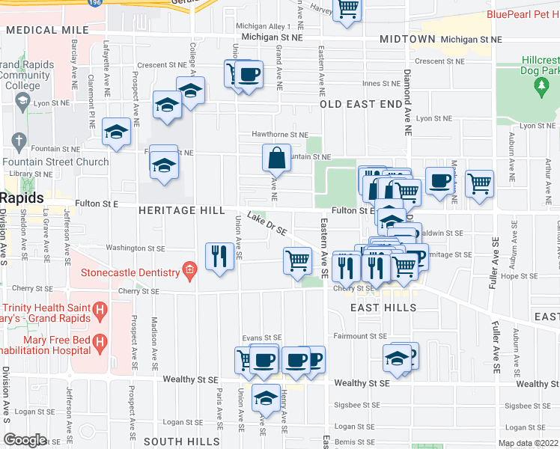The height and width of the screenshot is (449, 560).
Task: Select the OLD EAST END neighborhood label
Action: pyautogui.click(x=361, y=105)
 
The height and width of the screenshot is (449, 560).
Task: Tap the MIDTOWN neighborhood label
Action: pyautogui.click(x=407, y=39)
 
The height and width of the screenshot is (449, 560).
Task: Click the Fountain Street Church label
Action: pyautogui.click(x=55, y=162)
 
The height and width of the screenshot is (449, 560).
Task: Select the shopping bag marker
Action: pyautogui.click(x=276, y=158)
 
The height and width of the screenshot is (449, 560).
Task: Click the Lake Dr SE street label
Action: pyautogui.click(x=267, y=222)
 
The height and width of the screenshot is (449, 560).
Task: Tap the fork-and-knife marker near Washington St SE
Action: pyautogui.click(x=219, y=257)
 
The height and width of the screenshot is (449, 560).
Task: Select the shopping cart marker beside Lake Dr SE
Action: pyautogui.click(x=298, y=260)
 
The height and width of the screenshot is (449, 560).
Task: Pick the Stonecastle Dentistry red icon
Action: pyautogui.click(x=189, y=272)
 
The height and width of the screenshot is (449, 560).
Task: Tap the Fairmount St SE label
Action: pyautogui.click(x=360, y=337)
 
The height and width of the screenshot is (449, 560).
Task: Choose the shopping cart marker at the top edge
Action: pyautogui.click(x=347, y=8)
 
